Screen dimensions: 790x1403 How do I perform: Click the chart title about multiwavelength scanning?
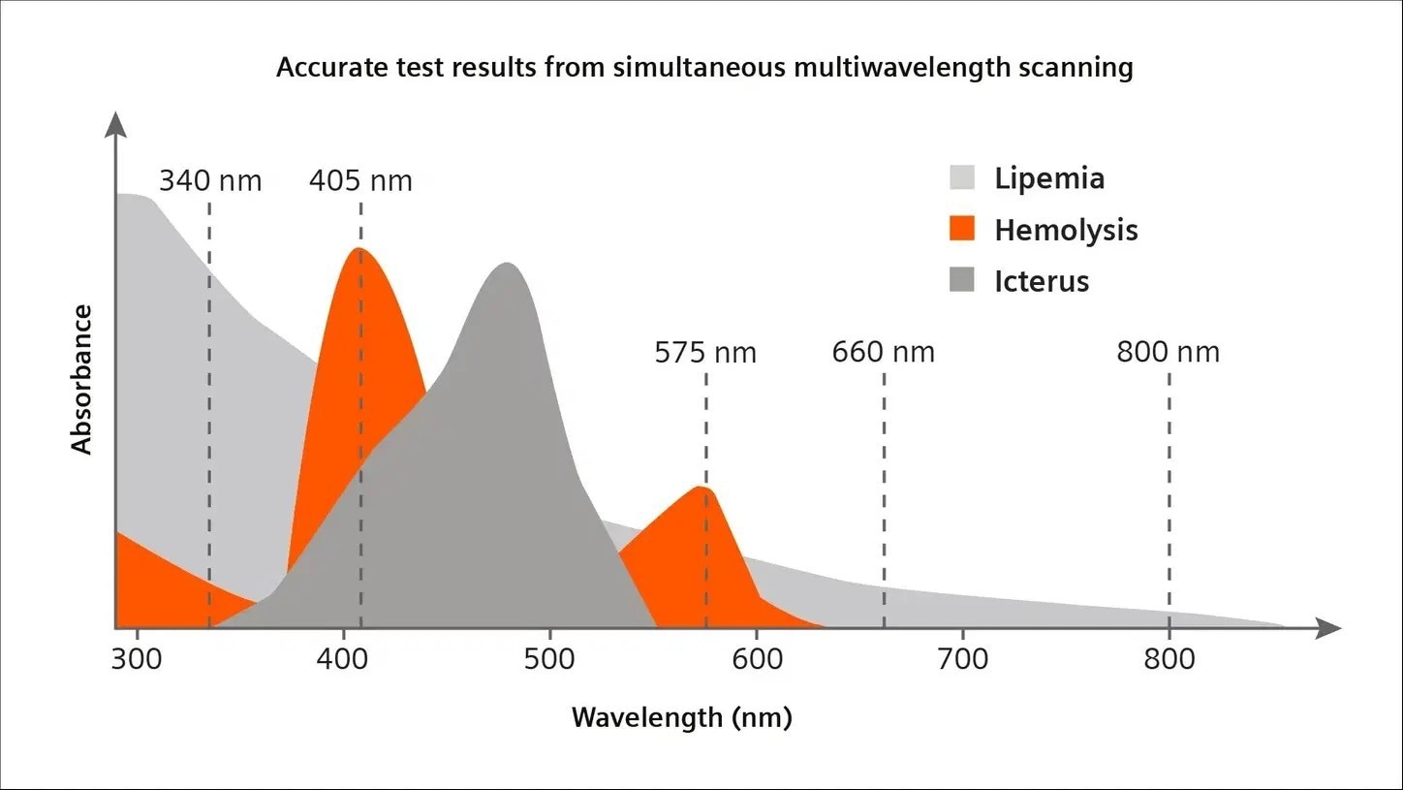pos(704,69)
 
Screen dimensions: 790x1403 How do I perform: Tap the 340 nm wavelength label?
pos(210,181)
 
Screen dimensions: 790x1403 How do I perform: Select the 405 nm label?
pos(360,181)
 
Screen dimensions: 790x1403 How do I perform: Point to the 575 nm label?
pos(705,352)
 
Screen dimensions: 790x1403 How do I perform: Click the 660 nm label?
pos(883,352)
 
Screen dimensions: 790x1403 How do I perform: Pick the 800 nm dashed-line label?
pos(1168,352)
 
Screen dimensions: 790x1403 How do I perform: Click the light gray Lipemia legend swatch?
pos(961,178)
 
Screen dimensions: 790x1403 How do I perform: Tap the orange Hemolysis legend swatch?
pos(961,230)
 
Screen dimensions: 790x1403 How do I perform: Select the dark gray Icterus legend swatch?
pos(961,281)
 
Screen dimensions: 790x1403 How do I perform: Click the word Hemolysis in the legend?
pos(1066,230)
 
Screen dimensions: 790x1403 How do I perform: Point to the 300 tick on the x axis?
pos(138,660)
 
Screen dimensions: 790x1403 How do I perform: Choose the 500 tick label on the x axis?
pos(549,660)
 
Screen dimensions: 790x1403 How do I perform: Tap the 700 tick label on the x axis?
pos(962,660)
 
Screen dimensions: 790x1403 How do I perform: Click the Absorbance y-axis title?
pos(82,379)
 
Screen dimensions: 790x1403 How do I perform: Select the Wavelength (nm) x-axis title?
pos(681,718)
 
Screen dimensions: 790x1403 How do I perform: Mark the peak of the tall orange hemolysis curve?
pos(359,249)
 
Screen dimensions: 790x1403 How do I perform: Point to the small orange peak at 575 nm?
pos(701,487)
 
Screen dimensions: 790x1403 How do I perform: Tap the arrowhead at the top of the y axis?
pos(115,123)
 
